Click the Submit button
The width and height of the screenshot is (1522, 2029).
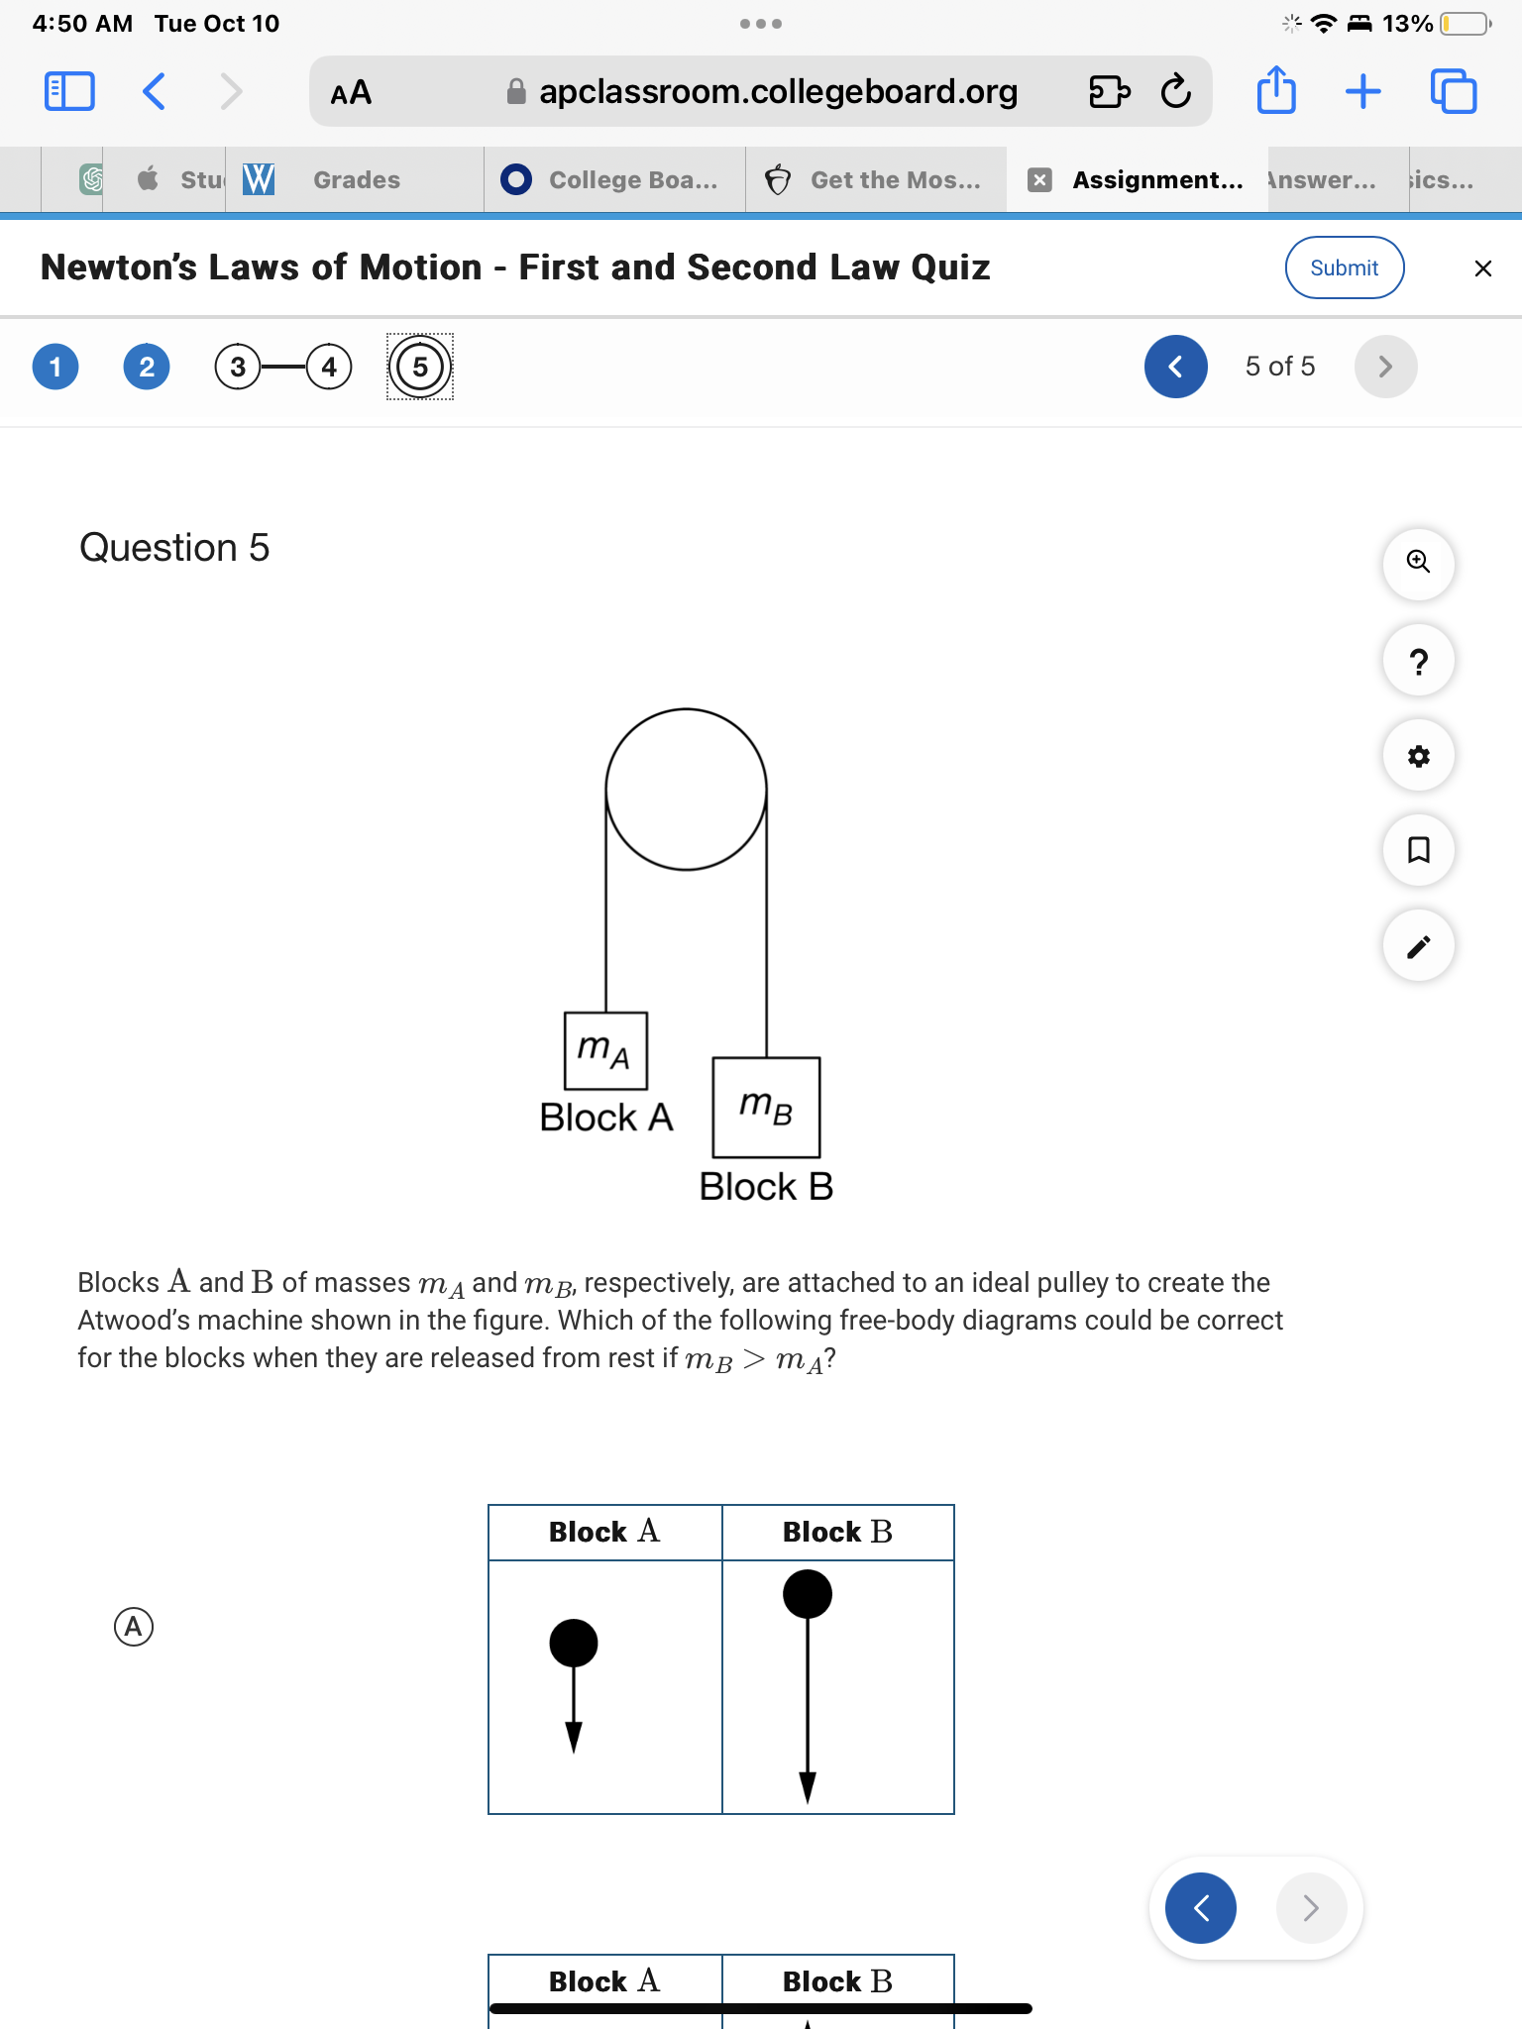pos(1344,267)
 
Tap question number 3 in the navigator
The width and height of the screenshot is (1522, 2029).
pos(238,368)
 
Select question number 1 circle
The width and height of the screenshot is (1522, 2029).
pos(55,368)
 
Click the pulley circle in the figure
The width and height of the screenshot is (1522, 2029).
pos(686,790)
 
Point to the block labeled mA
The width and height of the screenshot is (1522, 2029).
pos(605,1050)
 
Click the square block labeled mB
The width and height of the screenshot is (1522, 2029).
pos(766,1107)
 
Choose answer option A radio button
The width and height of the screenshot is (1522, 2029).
pos(134,1627)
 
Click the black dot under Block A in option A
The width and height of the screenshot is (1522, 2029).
pos(574,1643)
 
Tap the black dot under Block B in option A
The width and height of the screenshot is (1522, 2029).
pos(808,1594)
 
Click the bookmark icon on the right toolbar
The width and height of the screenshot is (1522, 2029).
pos(1418,850)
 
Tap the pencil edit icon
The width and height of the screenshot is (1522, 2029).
pos(1418,946)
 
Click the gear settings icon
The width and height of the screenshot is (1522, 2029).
pos(1418,756)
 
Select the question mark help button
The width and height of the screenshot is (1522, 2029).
pos(1418,661)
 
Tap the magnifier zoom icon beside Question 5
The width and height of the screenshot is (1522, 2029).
pos(1418,563)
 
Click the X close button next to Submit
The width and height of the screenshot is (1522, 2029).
pos(1482,268)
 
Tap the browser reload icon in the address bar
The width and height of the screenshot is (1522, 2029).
pos(1175,92)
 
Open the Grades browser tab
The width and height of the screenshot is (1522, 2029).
pos(356,180)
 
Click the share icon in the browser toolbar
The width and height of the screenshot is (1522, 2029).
pos(1276,91)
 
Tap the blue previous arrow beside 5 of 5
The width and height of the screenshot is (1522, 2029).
pos(1175,367)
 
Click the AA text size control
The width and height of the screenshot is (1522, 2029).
pos(351,93)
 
